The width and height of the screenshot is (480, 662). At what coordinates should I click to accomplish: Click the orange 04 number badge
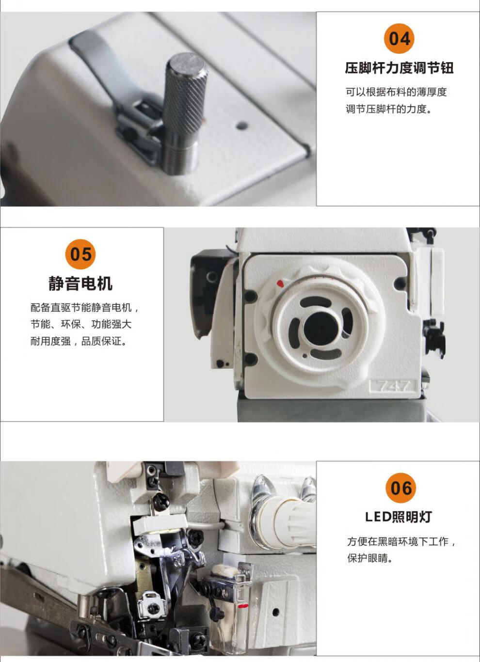[x=399, y=38]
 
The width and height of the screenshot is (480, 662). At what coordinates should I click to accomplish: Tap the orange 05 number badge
[x=80, y=254]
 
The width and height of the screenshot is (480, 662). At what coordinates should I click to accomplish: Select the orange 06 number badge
[x=400, y=488]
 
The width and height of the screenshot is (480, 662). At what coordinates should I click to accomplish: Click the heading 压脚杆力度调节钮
[x=399, y=68]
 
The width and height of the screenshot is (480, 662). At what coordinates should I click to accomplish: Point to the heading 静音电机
[x=80, y=284]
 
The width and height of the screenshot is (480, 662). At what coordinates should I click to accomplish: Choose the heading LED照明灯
[x=398, y=517]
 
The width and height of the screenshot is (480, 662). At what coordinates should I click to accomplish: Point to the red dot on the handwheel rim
[x=279, y=283]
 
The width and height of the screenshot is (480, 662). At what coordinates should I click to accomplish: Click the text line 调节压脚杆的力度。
[x=389, y=109]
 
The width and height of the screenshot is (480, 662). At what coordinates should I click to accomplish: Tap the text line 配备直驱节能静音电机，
[x=85, y=308]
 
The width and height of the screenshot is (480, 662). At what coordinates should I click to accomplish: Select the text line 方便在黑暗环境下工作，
[x=401, y=541]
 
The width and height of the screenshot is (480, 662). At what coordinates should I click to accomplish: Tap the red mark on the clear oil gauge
[x=242, y=606]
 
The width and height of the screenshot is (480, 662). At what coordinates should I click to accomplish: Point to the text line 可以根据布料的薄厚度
[x=396, y=92]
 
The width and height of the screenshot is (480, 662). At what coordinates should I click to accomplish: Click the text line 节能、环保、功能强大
[x=81, y=324]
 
